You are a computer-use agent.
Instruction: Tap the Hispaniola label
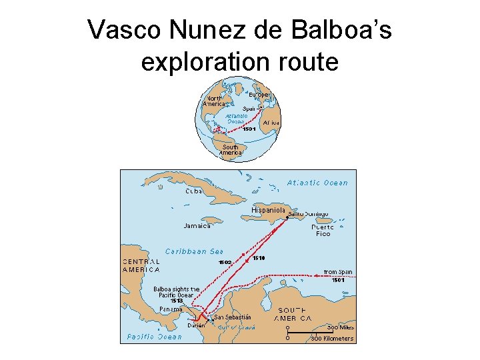click(x=269, y=210)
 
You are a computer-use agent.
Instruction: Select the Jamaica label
click(x=197, y=226)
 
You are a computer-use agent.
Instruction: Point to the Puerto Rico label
click(x=323, y=230)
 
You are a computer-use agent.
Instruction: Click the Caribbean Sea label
click(x=194, y=251)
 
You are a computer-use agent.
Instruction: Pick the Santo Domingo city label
click(x=309, y=213)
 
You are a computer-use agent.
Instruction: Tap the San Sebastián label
click(x=233, y=317)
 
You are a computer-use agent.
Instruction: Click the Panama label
click(x=171, y=309)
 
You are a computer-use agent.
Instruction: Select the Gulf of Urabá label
click(x=237, y=327)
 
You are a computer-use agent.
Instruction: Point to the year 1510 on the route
click(x=259, y=257)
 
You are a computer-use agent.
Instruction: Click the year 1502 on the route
click(x=224, y=262)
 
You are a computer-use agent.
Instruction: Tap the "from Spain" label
click(x=338, y=272)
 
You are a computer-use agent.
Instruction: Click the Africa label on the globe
click(x=271, y=123)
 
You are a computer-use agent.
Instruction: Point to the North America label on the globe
click(x=214, y=101)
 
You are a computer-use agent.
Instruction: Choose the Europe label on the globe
click(x=260, y=95)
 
